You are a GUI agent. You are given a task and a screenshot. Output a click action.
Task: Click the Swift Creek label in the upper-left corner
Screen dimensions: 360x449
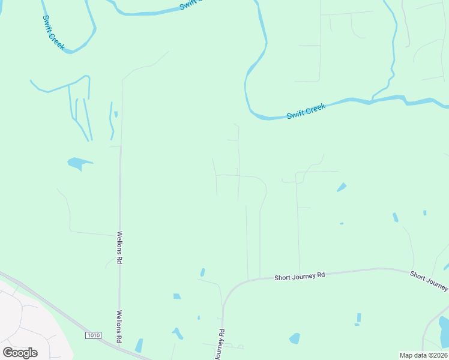[x=53, y=34]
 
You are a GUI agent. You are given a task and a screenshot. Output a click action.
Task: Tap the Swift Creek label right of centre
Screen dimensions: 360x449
[x=306, y=111]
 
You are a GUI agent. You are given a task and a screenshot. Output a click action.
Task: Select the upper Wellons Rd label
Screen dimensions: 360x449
[x=120, y=248]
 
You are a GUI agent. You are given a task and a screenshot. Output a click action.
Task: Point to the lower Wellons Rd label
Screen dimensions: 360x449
[x=119, y=326]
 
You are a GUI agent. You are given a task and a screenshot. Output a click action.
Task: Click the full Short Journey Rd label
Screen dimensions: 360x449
[x=300, y=275]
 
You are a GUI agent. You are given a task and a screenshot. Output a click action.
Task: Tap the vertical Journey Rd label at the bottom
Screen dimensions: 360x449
[x=219, y=345]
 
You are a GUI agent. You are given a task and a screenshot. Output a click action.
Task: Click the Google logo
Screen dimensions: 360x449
[x=20, y=352]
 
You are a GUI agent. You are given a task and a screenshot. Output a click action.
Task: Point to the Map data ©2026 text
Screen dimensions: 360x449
[x=423, y=355]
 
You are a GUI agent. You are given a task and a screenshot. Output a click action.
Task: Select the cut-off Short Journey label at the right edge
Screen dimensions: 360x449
[x=429, y=279]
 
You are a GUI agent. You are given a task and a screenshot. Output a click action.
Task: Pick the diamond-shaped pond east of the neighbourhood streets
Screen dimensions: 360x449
[x=342, y=187]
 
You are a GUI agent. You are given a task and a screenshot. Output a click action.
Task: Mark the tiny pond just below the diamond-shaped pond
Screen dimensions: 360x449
[x=341, y=224]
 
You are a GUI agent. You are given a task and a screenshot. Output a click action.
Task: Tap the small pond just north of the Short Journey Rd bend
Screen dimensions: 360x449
[x=202, y=272]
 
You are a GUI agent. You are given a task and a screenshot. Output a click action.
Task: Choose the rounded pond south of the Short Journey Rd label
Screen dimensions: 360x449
[x=294, y=338]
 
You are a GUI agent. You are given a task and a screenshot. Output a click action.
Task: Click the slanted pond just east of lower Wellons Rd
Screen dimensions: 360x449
[x=139, y=346]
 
